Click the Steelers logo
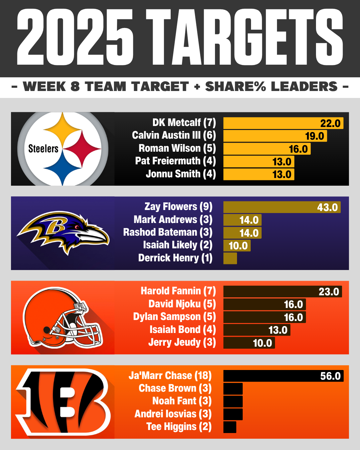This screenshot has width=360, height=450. pyautogui.click(x=63, y=149)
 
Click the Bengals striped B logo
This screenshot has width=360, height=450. pyautogui.click(x=63, y=402)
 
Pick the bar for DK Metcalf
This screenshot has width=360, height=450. pyautogui.click(x=283, y=123)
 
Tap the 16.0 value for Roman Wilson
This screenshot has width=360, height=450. pyautogui.click(x=298, y=149)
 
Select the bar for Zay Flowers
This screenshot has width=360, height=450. pyautogui.click(x=282, y=207)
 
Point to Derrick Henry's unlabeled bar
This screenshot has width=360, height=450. pyautogui.click(x=230, y=258)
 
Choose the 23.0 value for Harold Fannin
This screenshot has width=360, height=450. pyautogui.click(x=329, y=292)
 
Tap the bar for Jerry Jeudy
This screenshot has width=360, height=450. pyautogui.click(x=249, y=343)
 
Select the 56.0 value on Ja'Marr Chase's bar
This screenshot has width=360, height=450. pyautogui.click(x=330, y=376)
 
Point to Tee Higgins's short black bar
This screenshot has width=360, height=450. pyautogui.click(x=230, y=427)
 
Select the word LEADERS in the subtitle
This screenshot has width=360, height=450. pyautogui.click(x=304, y=87)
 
